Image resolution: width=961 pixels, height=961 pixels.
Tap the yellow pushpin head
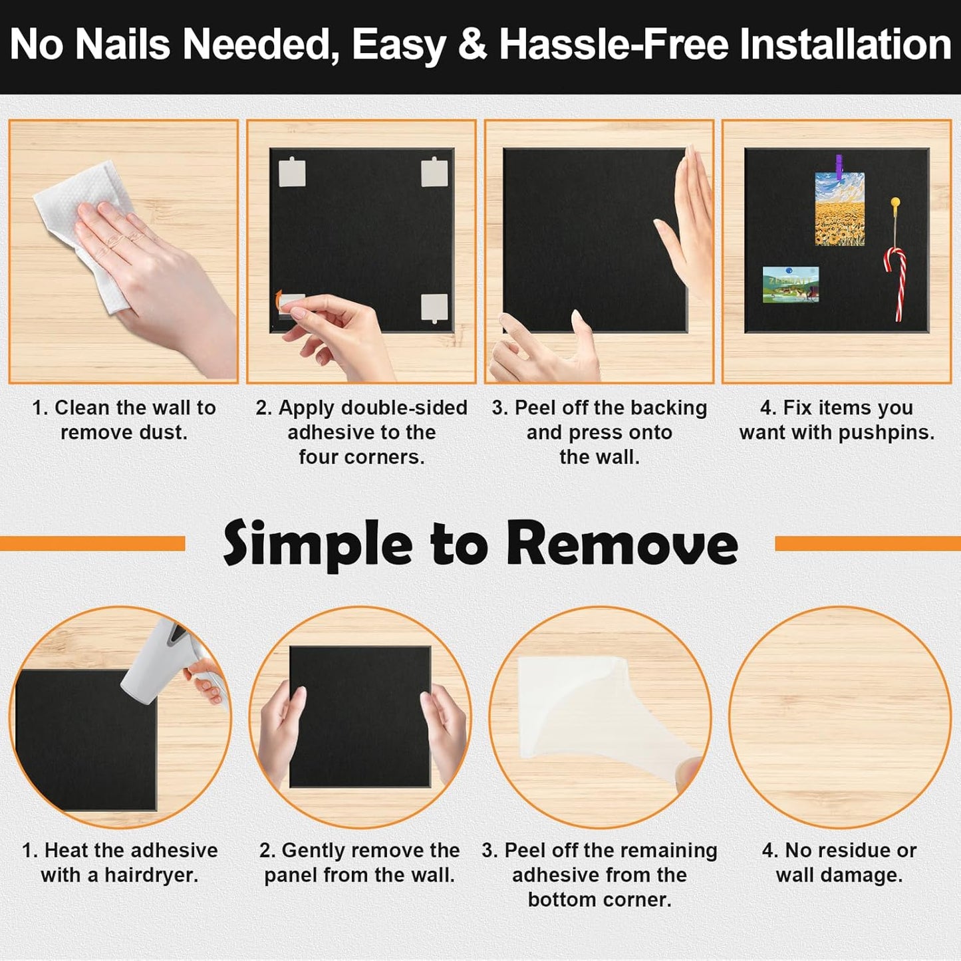coord(895,202)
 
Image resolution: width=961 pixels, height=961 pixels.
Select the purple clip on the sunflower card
coord(839,166)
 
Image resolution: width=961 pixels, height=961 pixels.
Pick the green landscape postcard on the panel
coord(791,285)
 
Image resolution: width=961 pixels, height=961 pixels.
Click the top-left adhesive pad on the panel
coord(292,173)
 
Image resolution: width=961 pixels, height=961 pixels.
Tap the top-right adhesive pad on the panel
coord(434,172)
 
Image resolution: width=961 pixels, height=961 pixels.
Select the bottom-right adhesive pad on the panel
coord(434,307)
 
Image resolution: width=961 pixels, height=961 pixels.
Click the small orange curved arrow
coord(279,300)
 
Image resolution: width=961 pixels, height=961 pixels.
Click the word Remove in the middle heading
coord(622,545)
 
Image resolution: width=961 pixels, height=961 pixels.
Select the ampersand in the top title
coord(472,45)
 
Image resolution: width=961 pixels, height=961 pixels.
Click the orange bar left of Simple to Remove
coord(92,544)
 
